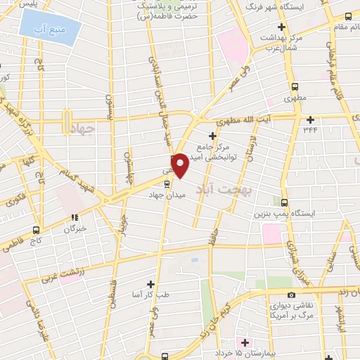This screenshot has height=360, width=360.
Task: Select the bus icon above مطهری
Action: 293,86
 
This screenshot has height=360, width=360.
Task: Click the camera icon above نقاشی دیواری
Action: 291,295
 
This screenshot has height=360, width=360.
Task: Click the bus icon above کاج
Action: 36,230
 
